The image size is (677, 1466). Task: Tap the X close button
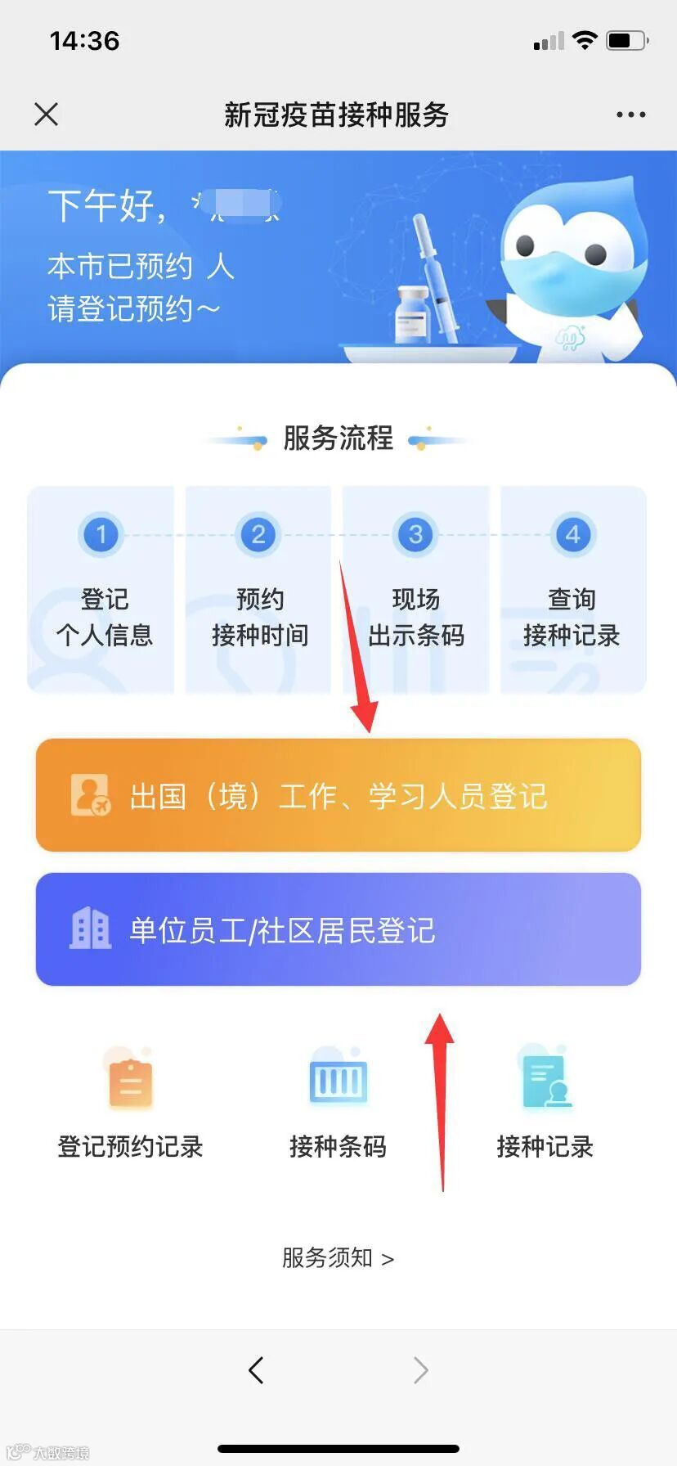click(x=47, y=115)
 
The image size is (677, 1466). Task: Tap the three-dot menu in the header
click(x=630, y=115)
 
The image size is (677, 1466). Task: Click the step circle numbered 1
click(x=101, y=535)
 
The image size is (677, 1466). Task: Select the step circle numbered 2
click(x=258, y=535)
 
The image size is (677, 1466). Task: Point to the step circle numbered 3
click(x=415, y=535)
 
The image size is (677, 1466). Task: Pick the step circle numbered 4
click(x=572, y=535)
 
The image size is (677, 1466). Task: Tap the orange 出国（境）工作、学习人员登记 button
click(x=338, y=795)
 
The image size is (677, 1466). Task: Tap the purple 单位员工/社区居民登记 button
click(x=338, y=929)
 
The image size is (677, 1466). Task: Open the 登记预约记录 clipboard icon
click(x=130, y=1082)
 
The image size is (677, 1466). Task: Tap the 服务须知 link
click(x=338, y=1257)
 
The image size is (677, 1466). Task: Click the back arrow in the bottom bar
click(x=256, y=1369)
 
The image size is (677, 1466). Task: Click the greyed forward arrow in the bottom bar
click(x=420, y=1369)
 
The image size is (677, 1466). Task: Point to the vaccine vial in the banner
click(x=412, y=314)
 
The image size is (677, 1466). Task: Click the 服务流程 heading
click(x=338, y=438)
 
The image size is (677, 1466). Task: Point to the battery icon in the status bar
click(x=626, y=40)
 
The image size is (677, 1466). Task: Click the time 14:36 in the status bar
click(x=84, y=41)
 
